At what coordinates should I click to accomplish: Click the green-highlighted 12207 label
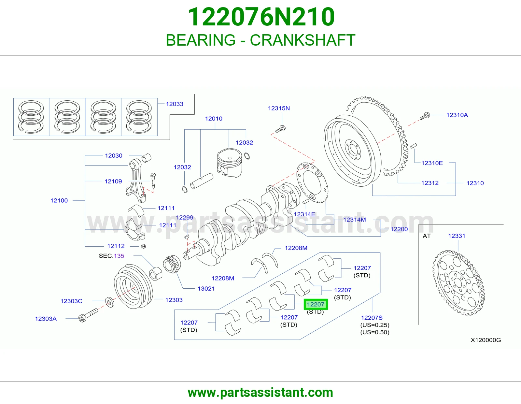pyautogui.click(x=316, y=304)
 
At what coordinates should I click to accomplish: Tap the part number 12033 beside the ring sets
pyautogui.click(x=175, y=104)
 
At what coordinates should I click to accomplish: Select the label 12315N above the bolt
pyautogui.click(x=279, y=108)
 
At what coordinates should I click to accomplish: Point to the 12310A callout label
pyautogui.click(x=457, y=115)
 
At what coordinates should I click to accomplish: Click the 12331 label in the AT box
pyautogui.click(x=457, y=236)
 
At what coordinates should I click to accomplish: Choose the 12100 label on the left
pyautogui.click(x=59, y=200)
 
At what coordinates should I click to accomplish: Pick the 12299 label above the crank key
pyautogui.click(x=185, y=217)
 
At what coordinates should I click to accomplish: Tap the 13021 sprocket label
pyautogui.click(x=206, y=288)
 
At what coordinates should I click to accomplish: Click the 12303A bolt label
pyautogui.click(x=46, y=319)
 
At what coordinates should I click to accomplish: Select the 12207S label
pyautogui.click(x=372, y=318)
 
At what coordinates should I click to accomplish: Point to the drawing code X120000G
pyautogui.click(x=486, y=340)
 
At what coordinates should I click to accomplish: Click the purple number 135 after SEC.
pyautogui.click(x=119, y=256)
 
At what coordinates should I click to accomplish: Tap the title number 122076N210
pyautogui.click(x=261, y=17)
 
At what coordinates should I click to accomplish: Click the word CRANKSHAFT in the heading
pyautogui.click(x=303, y=40)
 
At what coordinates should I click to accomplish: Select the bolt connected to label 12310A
pyautogui.click(x=425, y=116)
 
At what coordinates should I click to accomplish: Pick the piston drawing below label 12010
pyautogui.click(x=230, y=163)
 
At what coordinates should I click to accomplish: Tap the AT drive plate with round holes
pyautogui.click(x=458, y=282)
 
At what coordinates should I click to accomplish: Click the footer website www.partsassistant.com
pyautogui.click(x=260, y=393)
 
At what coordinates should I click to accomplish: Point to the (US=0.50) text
pyautogui.click(x=375, y=332)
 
